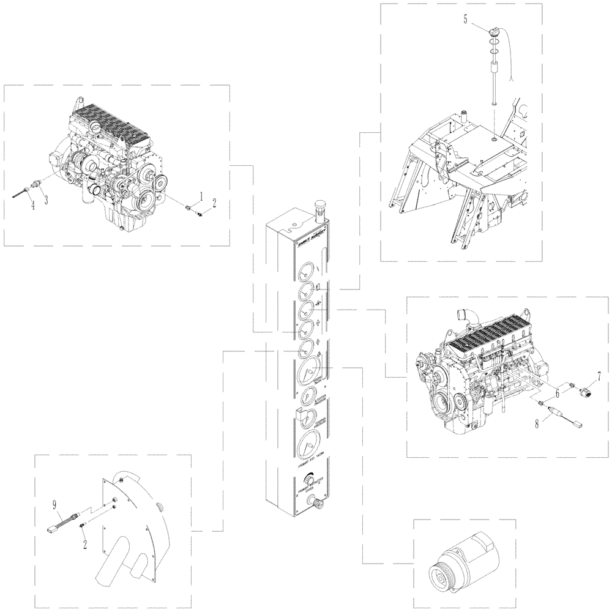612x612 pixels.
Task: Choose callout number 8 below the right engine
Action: [x=537, y=422]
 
